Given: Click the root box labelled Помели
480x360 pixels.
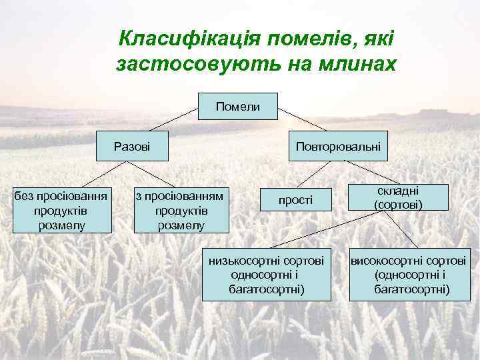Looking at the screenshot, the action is click(238, 105).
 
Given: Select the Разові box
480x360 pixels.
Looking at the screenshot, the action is click(132, 145).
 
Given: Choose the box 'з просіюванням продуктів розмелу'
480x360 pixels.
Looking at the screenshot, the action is click(181, 209).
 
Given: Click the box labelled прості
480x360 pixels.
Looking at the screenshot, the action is click(295, 199).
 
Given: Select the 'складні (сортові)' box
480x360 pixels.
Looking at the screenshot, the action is click(398, 197).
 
